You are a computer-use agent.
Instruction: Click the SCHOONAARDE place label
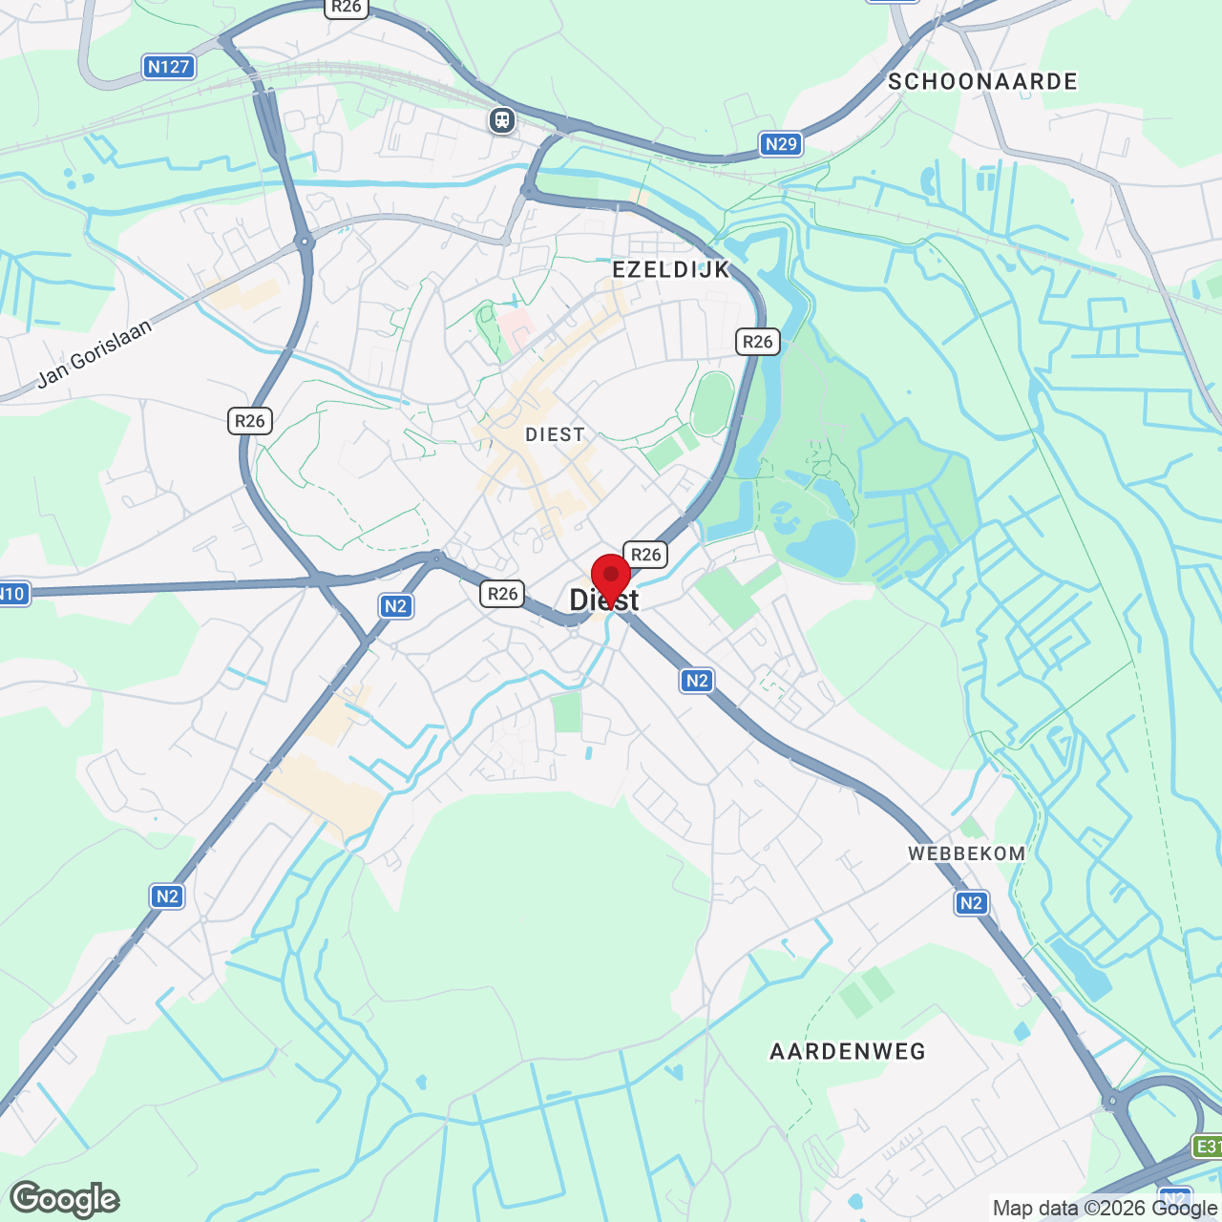click(982, 82)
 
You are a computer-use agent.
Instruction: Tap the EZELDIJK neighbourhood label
click(671, 270)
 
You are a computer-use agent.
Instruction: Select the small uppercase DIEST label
click(555, 435)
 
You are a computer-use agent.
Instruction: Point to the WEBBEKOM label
click(966, 853)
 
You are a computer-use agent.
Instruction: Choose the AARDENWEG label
click(848, 1052)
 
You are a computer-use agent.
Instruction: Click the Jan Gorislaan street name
click(95, 353)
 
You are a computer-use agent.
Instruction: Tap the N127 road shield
click(169, 67)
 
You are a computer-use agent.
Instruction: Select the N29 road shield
click(781, 144)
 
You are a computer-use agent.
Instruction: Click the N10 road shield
click(12, 594)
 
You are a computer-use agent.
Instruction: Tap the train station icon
click(502, 120)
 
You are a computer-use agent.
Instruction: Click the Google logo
click(65, 1199)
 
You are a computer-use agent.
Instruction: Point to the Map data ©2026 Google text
click(1106, 1208)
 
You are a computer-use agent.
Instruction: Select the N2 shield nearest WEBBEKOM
click(971, 903)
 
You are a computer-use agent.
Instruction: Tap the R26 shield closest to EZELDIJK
click(757, 342)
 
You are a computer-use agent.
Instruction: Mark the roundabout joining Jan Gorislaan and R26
click(305, 242)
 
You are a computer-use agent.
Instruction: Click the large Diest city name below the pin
click(604, 600)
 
